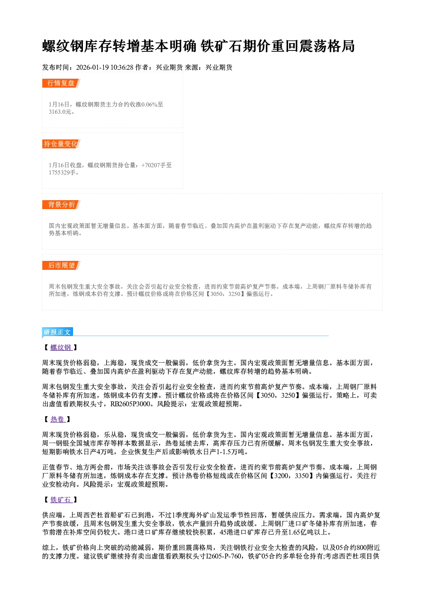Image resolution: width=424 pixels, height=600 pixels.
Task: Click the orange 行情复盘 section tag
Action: coord(61,83)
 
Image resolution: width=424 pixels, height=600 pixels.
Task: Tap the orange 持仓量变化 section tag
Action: coord(61,144)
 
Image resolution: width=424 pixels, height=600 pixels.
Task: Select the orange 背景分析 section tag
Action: coord(61,205)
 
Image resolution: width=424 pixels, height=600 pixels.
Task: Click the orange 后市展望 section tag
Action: coord(61,266)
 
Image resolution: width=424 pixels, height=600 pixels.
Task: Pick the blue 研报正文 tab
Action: coord(58,332)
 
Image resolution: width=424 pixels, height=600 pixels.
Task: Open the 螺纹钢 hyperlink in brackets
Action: coord(61,347)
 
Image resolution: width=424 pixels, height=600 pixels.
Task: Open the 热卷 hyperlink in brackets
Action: coord(58,419)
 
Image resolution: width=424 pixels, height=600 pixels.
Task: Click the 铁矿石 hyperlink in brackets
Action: coord(61,500)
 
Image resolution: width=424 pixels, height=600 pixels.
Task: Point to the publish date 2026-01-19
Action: coord(92,67)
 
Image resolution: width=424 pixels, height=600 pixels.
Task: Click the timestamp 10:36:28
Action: coord(122,67)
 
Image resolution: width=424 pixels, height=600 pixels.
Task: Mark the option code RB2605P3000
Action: coord(130,404)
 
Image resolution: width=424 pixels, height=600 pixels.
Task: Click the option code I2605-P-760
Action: coord(224,556)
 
